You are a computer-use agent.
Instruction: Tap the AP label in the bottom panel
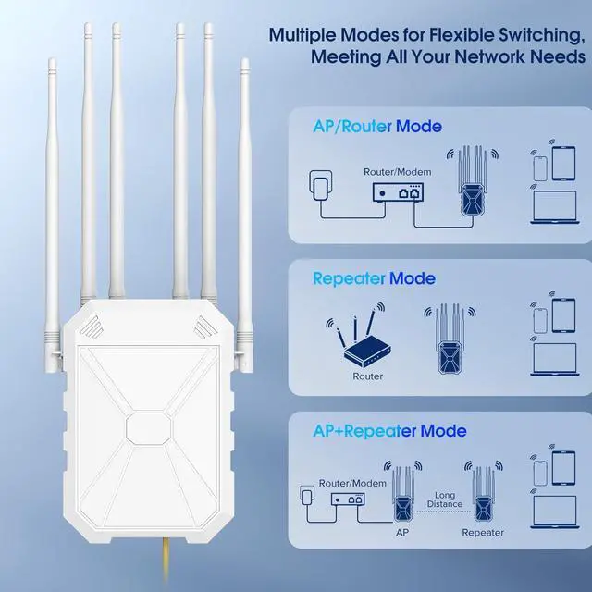[x=401, y=532]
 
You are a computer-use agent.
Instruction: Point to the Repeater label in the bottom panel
[x=482, y=532]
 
